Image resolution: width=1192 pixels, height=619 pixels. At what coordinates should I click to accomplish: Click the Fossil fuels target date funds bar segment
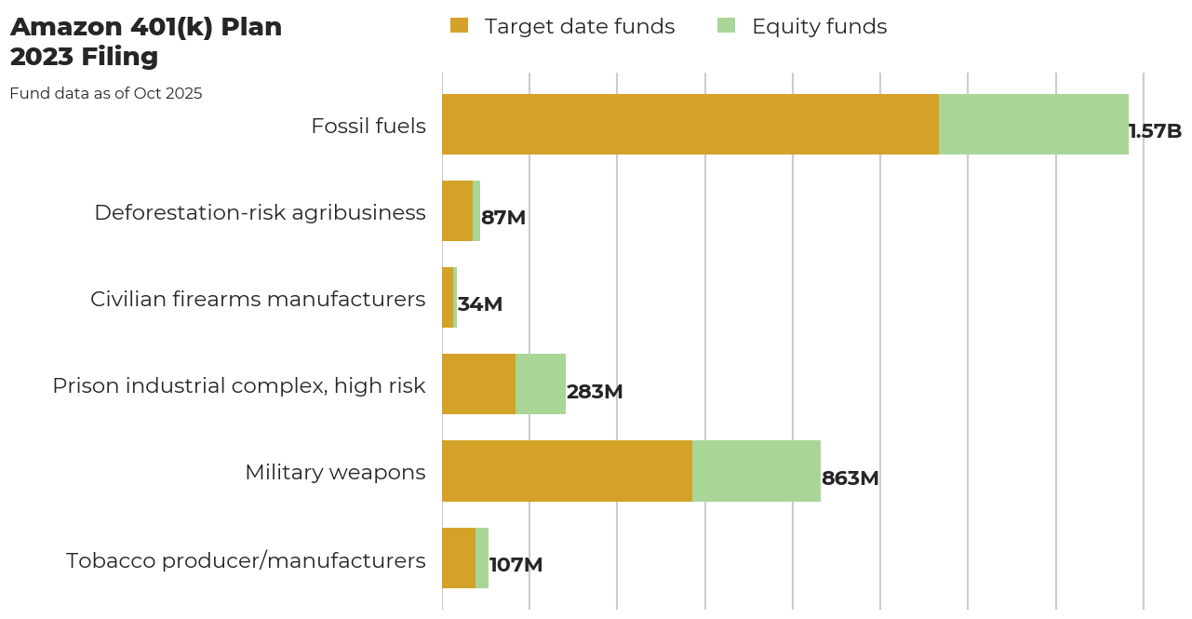click(x=690, y=124)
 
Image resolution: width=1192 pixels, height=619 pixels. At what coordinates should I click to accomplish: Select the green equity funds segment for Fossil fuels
click(x=1033, y=124)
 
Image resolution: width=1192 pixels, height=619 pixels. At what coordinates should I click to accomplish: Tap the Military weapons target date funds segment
click(x=567, y=471)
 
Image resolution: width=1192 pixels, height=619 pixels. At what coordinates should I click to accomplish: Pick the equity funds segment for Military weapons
click(x=756, y=471)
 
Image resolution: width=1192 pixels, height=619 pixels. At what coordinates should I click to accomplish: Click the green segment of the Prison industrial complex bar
click(x=540, y=384)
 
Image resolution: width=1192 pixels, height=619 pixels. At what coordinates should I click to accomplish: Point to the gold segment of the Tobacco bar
click(x=458, y=558)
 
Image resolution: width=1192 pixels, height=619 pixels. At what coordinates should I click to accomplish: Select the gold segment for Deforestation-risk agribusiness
click(x=457, y=210)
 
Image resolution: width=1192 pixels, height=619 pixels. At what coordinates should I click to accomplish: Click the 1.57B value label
click(x=1154, y=131)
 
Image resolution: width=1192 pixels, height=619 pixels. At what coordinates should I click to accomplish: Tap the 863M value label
click(x=850, y=478)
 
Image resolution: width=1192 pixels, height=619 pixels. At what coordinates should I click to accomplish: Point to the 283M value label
click(x=594, y=392)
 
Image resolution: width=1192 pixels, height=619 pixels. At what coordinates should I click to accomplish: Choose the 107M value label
click(x=516, y=565)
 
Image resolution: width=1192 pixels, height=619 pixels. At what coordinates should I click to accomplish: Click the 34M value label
click(x=479, y=304)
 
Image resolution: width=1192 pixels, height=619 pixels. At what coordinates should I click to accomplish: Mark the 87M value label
click(x=502, y=218)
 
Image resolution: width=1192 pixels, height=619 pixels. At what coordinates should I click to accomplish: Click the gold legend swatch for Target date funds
click(x=459, y=26)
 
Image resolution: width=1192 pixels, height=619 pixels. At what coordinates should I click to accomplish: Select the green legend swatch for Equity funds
click(x=726, y=26)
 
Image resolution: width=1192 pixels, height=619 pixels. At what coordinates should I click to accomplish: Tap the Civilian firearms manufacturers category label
click(x=258, y=299)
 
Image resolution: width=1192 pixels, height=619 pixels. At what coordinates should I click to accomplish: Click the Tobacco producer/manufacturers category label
click(x=246, y=560)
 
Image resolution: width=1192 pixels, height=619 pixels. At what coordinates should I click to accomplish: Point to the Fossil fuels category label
click(x=368, y=126)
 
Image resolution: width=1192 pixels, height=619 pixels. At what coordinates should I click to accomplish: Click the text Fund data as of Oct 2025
click(x=106, y=93)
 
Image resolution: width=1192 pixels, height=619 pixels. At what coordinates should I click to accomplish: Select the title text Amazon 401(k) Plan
click(x=146, y=28)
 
